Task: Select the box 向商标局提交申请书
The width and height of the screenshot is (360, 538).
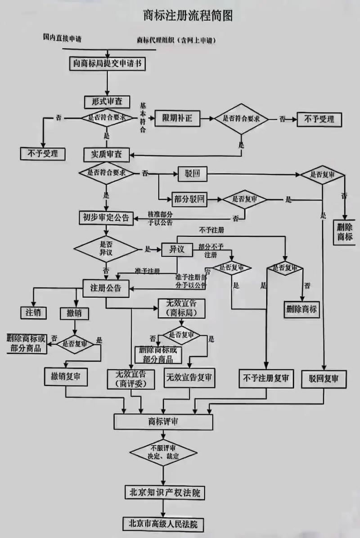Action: tap(108, 64)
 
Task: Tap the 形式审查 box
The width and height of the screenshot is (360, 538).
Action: tap(107, 102)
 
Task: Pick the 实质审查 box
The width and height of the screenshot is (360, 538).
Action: tap(107, 154)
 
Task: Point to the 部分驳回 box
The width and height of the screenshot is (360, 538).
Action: tap(189, 199)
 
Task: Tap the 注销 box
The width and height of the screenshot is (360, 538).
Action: tap(33, 312)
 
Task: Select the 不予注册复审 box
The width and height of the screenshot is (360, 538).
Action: tap(266, 378)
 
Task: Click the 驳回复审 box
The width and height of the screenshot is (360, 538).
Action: tap(324, 378)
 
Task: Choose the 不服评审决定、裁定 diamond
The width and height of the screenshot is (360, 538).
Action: tap(163, 452)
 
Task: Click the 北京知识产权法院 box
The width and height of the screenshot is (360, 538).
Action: tap(162, 492)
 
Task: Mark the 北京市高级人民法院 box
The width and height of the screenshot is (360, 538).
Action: tap(163, 524)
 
